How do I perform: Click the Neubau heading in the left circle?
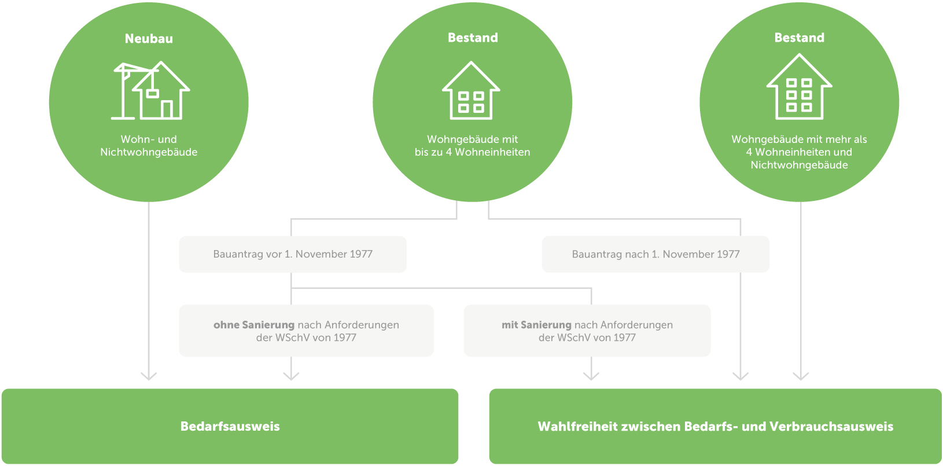tap(149, 39)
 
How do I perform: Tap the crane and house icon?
tap(150, 90)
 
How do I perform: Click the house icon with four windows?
tap(471, 91)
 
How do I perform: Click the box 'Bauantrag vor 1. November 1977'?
tap(293, 254)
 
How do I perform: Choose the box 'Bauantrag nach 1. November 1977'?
tap(655, 254)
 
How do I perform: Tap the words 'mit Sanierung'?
tap(536, 325)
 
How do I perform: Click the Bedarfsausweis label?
tap(230, 427)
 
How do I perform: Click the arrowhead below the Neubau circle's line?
tap(149, 376)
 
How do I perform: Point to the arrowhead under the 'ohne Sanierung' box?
tap(291, 376)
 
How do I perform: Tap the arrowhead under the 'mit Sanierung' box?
tap(591, 376)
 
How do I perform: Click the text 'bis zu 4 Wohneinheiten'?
tap(472, 152)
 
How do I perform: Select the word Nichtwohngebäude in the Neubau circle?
tap(149, 152)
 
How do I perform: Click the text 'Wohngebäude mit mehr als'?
tap(799, 140)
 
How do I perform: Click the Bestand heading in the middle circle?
tap(473, 38)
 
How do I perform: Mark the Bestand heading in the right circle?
tap(799, 38)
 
